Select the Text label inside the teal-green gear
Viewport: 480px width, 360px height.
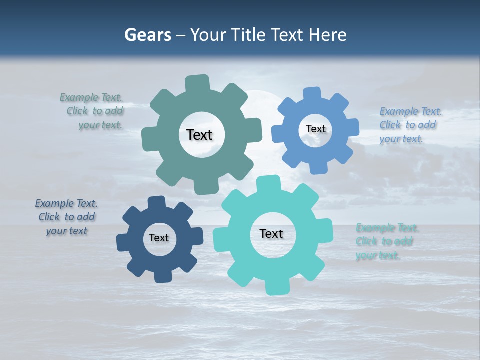tap(200, 135)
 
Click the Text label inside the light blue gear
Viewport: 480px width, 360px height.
tap(316, 129)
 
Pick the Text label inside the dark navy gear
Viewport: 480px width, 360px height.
tap(159, 238)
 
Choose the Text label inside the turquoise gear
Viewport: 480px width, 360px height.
tap(271, 233)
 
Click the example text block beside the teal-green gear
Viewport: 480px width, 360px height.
tap(95, 111)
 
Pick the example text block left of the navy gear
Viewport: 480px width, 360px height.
tap(66, 217)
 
